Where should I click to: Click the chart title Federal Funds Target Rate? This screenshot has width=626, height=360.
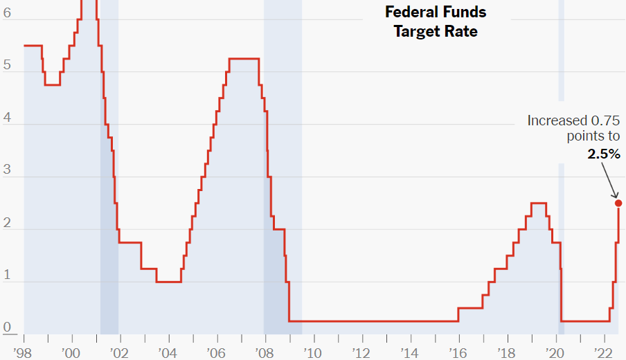coord(436,21)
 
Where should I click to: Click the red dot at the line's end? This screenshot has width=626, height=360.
coord(618,203)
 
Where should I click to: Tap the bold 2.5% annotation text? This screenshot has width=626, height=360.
coord(604,154)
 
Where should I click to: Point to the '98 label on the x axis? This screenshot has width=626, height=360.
coord(24,352)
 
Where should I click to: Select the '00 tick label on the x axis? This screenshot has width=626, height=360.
coord(71,352)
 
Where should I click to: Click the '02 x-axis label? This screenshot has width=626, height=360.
coord(120,352)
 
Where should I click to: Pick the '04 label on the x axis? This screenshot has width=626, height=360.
coord(168,352)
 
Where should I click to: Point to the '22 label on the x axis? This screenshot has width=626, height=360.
coord(603,352)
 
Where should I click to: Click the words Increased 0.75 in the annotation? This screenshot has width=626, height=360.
coord(573,120)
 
